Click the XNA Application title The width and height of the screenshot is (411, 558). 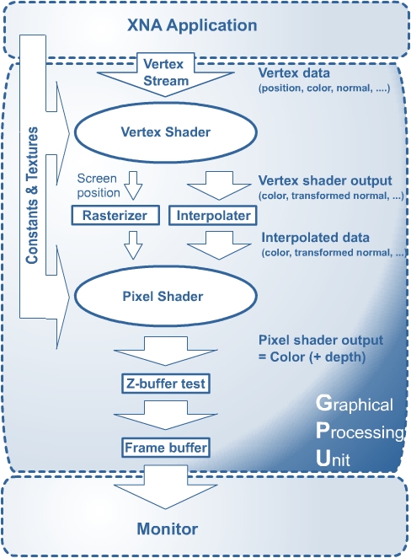[192, 25]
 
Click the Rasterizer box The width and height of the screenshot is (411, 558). [115, 215]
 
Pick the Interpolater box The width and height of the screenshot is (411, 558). [213, 215]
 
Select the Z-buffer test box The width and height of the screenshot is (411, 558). [166, 384]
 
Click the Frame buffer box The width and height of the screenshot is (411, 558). [166, 448]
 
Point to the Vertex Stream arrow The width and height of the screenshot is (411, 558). [166, 74]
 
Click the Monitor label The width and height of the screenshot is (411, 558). [167, 528]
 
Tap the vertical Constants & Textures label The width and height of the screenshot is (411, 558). [32, 196]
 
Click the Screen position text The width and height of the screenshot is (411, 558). [99, 185]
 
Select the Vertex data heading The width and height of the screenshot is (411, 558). [294, 72]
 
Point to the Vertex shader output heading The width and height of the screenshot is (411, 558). [325, 180]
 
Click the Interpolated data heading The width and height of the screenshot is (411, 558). [315, 238]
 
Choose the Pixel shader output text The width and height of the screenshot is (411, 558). [321, 340]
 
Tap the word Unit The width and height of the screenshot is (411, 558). [333, 458]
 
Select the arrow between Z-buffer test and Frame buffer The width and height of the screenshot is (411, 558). [166, 415]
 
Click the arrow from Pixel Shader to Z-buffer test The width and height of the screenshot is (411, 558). [166, 351]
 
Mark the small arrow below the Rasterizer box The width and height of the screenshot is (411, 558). [133, 245]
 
